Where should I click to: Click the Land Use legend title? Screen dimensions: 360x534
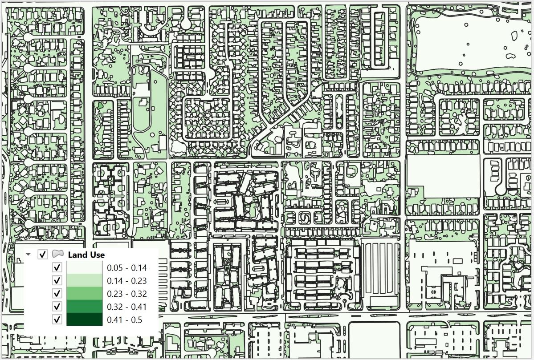point(86,255)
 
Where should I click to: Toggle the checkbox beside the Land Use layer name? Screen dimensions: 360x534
point(43,255)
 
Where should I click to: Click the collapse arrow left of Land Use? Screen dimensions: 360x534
point(29,255)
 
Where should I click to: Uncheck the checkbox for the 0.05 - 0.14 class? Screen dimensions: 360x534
point(57,267)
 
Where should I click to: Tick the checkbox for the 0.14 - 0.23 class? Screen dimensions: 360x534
point(57,280)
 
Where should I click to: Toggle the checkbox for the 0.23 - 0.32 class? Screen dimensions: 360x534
point(57,293)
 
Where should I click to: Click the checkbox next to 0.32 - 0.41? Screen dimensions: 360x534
point(57,306)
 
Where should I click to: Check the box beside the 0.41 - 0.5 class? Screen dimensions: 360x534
point(57,319)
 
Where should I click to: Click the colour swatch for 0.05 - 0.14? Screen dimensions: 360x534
point(85,267)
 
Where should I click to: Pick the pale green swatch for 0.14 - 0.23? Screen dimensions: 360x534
point(85,280)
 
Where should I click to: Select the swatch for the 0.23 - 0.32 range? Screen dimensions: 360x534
point(85,293)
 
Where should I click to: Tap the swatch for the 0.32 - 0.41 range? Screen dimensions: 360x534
point(85,306)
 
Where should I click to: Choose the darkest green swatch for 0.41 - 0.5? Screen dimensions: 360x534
point(85,319)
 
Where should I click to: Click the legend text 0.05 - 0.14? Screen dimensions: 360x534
point(127,268)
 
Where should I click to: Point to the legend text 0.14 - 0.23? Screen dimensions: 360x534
point(127,281)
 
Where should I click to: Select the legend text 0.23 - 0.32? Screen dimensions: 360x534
point(127,294)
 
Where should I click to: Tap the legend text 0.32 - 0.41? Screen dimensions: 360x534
point(127,307)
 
